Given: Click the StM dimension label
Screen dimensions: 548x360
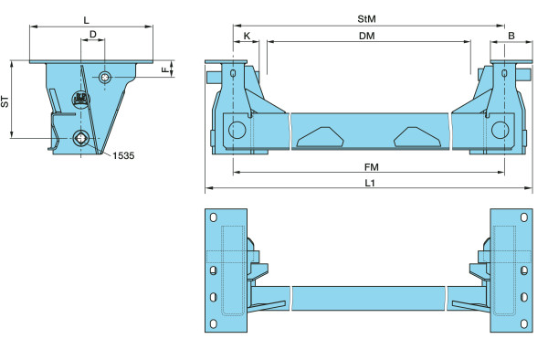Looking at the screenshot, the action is [x=366, y=19].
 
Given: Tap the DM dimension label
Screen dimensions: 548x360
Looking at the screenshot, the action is [x=366, y=36].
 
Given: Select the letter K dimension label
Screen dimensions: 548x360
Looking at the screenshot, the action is [x=247, y=36].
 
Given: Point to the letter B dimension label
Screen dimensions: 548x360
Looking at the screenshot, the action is [x=511, y=36].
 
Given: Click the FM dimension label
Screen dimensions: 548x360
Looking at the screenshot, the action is [x=371, y=167].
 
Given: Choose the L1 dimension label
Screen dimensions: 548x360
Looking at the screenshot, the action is [x=370, y=183].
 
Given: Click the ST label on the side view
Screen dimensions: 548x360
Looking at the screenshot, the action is [x=5, y=101].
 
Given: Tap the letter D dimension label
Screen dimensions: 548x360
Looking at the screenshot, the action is [x=93, y=34].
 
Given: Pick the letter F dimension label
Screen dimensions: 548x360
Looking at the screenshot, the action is [x=165, y=69].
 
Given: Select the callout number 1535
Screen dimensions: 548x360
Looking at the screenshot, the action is [x=123, y=155].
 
